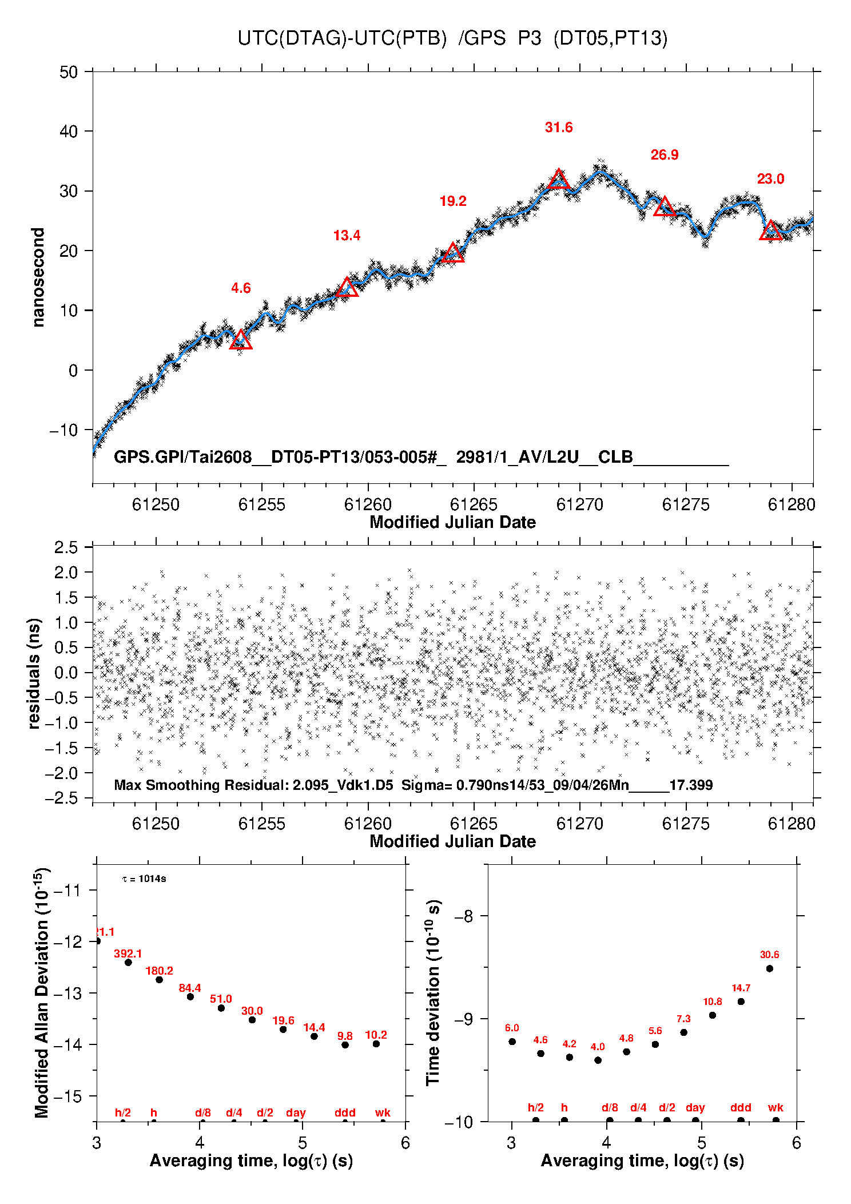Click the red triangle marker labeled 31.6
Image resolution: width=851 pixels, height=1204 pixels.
pyautogui.click(x=559, y=180)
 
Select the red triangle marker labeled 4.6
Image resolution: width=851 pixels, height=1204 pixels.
pyautogui.click(x=241, y=340)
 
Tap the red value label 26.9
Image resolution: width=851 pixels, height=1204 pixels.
pyautogui.click(x=665, y=155)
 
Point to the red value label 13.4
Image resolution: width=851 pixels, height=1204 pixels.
pyautogui.click(x=347, y=236)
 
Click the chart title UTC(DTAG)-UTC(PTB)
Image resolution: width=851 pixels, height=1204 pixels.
pyautogui.click(x=342, y=38)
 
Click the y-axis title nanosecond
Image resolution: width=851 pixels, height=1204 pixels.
pyautogui.click(x=38, y=277)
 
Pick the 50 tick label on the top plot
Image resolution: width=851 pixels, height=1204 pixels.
pyautogui.click(x=69, y=72)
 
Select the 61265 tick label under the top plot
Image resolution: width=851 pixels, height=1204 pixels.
pyautogui.click(x=474, y=504)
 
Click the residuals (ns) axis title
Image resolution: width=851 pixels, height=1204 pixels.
pyautogui.click(x=35, y=673)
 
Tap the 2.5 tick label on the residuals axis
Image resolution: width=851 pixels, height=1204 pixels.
pyautogui.click(x=66, y=547)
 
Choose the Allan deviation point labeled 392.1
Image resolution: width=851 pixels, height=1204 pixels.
pyautogui.click(x=128, y=963)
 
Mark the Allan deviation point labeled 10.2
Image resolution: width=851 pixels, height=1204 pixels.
pyautogui.click(x=376, y=1044)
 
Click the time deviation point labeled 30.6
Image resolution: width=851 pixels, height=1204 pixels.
pyautogui.click(x=770, y=968)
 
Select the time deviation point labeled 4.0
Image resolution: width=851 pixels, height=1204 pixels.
pyautogui.click(x=598, y=1060)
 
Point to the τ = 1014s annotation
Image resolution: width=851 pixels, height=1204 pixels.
pyautogui.click(x=144, y=879)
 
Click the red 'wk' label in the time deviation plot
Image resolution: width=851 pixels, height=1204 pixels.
pyautogui.click(x=776, y=1107)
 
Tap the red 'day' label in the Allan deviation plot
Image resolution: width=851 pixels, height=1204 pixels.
pyautogui.click(x=296, y=1112)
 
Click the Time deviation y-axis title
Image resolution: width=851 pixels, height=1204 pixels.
pyautogui.click(x=434, y=992)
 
